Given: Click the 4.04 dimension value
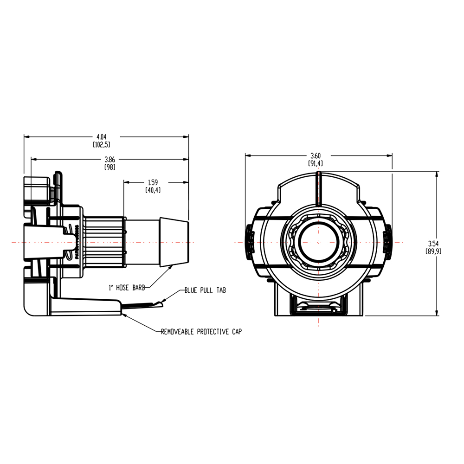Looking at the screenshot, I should pyautogui.click(x=101, y=137).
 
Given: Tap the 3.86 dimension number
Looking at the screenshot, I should pyautogui.click(x=110, y=159).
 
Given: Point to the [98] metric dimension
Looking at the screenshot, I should pyautogui.click(x=110, y=167).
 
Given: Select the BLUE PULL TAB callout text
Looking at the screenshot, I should pyautogui.click(x=205, y=290).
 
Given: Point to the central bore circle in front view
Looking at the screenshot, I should pyautogui.click(x=319, y=242).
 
